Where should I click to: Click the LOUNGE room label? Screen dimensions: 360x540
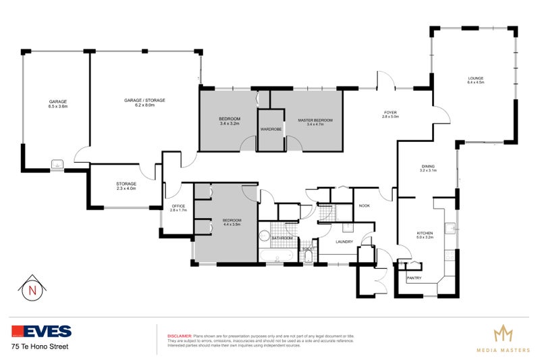[x=476, y=78]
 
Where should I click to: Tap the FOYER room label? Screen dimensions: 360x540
[x=391, y=112]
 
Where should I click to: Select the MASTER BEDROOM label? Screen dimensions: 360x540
[x=315, y=120]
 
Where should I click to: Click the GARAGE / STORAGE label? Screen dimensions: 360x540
[x=144, y=100]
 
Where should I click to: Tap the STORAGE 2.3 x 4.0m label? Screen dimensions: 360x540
[x=126, y=188]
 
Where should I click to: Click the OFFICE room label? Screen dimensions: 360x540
[x=178, y=206]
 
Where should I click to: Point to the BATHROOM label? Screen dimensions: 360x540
[x=282, y=238]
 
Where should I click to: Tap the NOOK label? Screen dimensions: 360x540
[x=364, y=205]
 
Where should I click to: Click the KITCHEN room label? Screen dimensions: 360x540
[x=425, y=233]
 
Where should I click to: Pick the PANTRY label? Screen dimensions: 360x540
[x=414, y=278]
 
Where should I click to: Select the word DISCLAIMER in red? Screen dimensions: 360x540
[x=179, y=335]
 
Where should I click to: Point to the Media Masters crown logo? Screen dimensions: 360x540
[x=502, y=333]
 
